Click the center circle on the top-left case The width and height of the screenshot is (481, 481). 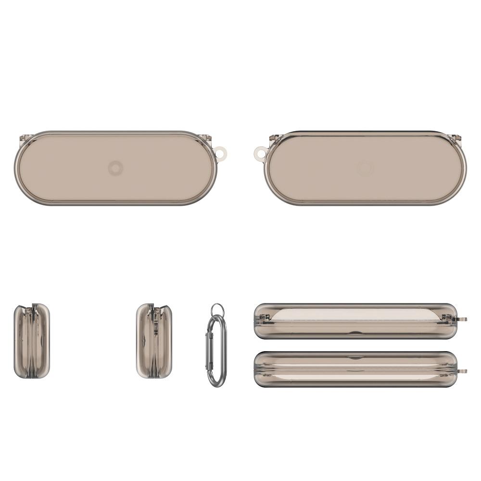(x=115, y=168)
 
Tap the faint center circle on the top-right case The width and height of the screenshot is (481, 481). (x=364, y=168)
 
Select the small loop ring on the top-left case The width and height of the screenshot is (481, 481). (x=221, y=154)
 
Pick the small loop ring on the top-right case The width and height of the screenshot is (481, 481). (x=260, y=154)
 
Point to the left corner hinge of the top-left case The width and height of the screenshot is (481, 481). (x=24, y=139)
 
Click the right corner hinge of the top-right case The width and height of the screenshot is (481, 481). (x=456, y=139)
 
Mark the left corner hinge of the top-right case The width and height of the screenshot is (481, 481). (x=274, y=139)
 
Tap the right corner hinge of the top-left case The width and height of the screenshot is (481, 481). (x=206, y=139)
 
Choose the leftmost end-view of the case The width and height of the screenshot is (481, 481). (x=32, y=341)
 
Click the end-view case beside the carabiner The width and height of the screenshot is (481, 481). (x=154, y=341)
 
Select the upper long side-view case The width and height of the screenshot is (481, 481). (x=355, y=321)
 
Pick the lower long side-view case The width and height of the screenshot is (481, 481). (x=355, y=369)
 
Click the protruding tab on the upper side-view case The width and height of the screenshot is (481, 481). (x=463, y=319)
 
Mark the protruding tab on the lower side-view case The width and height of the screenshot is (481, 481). (x=463, y=371)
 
